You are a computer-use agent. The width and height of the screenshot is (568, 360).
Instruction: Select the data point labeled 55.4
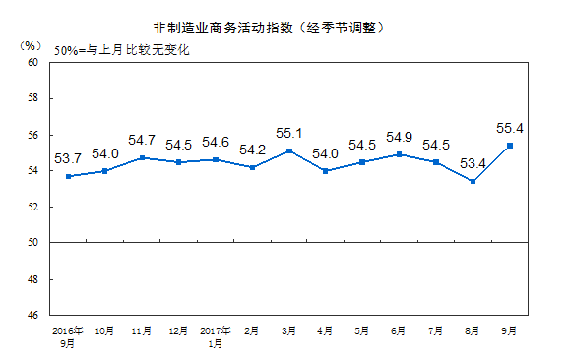(x=509, y=146)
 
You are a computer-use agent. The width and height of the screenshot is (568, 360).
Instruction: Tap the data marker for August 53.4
(x=473, y=181)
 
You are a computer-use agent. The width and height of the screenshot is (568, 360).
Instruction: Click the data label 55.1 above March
(x=287, y=133)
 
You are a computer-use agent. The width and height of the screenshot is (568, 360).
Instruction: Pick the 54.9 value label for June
(x=399, y=137)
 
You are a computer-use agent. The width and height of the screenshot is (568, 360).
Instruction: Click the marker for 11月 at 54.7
(x=143, y=157)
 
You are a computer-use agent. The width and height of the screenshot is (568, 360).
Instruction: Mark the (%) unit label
(x=31, y=45)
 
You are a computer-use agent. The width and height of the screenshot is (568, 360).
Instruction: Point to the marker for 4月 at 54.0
(x=326, y=171)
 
